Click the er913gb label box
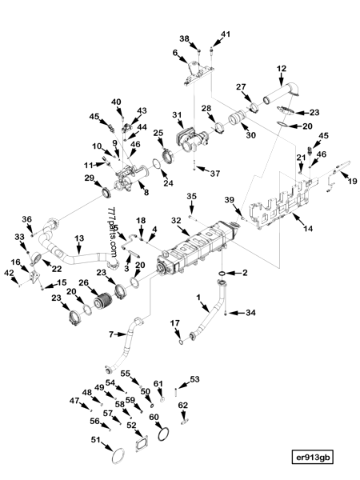pos(312,458)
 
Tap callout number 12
pos(282,69)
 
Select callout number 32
pos(176,221)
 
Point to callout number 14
pos(308,228)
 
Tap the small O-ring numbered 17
pos(181,342)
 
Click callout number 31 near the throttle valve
pos(177,115)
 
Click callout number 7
pos(111,334)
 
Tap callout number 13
pos(79,238)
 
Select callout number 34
pos(250,313)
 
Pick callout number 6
pos(174,53)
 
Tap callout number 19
pos(353,182)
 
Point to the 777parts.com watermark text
pos(112,232)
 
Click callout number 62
pos(182,406)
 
